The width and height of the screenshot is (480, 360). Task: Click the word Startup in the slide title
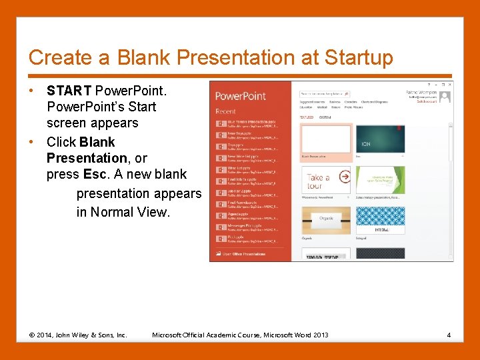click(359, 58)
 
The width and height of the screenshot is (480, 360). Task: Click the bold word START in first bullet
click(69, 91)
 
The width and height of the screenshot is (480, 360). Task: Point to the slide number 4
click(449, 335)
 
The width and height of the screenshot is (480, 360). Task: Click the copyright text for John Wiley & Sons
click(78, 335)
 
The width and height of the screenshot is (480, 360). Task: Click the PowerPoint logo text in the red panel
click(239, 97)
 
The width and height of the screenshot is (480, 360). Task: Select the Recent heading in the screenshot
click(225, 111)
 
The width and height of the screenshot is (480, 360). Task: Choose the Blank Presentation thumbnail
click(326, 139)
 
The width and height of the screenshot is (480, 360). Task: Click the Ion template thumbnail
click(380, 139)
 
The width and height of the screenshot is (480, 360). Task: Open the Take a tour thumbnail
click(326, 179)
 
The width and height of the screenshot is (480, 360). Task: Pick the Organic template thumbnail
click(326, 219)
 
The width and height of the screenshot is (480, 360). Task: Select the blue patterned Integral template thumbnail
click(380, 219)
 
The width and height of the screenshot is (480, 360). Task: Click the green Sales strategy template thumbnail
click(380, 179)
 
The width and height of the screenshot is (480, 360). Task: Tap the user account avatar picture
click(445, 96)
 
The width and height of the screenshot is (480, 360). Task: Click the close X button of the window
click(449, 85)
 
